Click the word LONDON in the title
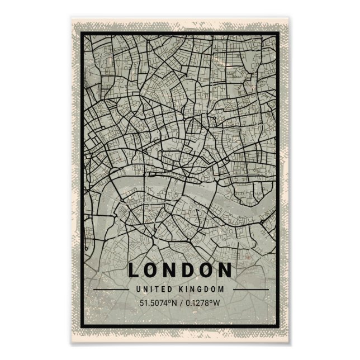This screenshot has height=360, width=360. [179, 270]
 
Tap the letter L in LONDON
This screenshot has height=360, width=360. [134, 270]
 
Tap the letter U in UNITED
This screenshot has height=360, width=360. [138, 290]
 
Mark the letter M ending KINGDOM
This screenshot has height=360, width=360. [221, 290]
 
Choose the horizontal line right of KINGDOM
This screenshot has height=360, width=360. [249, 290]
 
